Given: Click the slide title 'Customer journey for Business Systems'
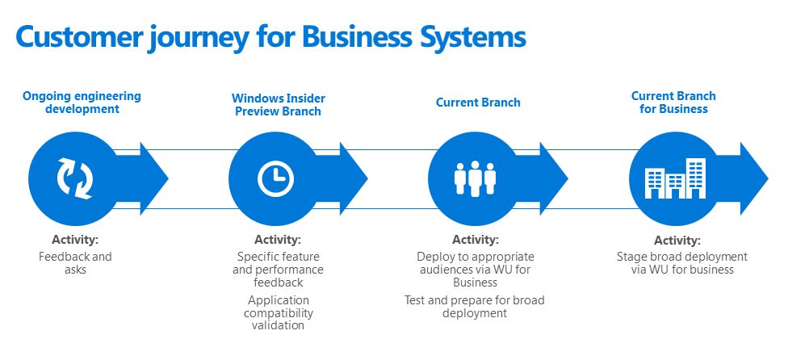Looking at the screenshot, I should [x=270, y=36].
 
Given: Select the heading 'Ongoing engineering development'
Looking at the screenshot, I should [x=82, y=103].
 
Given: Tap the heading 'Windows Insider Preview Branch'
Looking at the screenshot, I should [x=278, y=105].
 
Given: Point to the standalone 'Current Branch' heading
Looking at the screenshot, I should [x=478, y=103].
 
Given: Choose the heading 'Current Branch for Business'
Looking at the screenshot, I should [x=673, y=103].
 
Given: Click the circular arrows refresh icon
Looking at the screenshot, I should [x=75, y=178].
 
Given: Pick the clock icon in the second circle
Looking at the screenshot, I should [x=275, y=178].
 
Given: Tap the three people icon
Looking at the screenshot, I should [x=475, y=178].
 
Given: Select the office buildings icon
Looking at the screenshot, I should [x=674, y=178].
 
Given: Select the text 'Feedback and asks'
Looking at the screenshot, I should [x=75, y=263].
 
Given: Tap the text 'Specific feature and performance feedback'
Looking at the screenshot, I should [x=278, y=270].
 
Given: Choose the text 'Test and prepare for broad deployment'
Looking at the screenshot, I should [x=475, y=307].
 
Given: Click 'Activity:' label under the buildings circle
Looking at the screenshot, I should [x=677, y=241].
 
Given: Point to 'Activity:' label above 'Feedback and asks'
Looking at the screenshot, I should [x=75, y=240].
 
